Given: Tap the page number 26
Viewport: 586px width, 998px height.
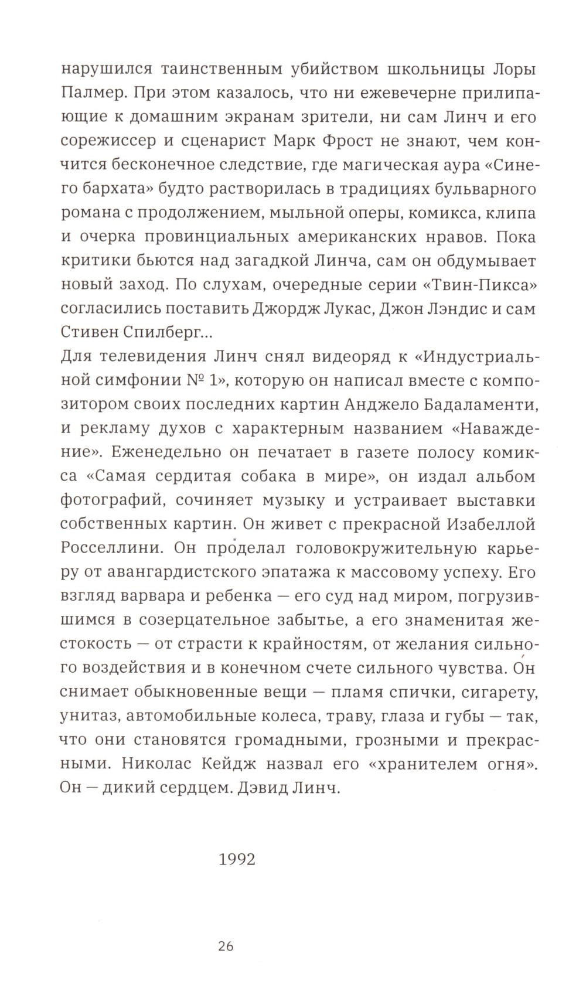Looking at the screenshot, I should coord(226,946).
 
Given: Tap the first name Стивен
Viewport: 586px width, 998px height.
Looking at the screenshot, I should coord(88,332).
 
